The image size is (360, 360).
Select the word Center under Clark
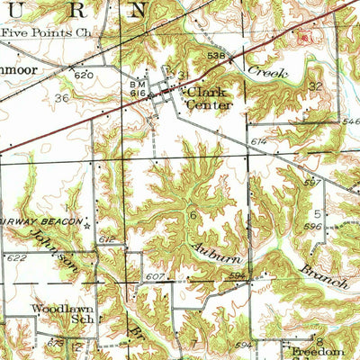click(x=209, y=104)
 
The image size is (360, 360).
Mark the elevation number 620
click(x=84, y=76)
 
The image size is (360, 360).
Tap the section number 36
click(x=61, y=98)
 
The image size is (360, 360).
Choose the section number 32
click(x=314, y=85)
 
